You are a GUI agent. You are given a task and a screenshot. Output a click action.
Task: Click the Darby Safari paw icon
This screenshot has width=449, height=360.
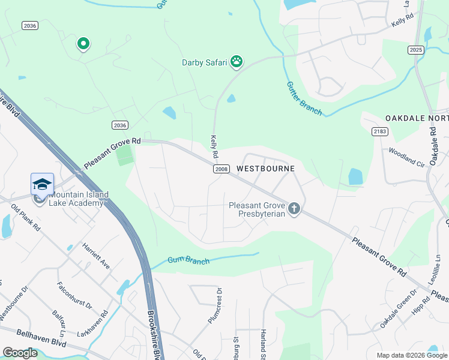pos(238,61)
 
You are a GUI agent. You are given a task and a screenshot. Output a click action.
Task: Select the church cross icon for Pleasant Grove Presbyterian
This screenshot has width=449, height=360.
pos(294,209)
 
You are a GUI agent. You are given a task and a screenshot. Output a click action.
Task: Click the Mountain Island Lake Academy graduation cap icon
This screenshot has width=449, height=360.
pos(42,184)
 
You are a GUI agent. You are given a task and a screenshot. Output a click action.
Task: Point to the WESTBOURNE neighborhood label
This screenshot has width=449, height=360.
pos(265,169)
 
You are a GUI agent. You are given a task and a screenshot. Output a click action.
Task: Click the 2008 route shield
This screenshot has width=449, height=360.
pos(221,169)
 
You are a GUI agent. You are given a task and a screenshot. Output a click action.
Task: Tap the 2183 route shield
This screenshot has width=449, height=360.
pos(379,131)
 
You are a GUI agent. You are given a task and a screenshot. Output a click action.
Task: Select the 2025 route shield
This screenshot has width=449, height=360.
pos(415,50)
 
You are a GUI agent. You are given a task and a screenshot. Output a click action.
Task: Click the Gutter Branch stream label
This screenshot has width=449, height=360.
pos(304,98)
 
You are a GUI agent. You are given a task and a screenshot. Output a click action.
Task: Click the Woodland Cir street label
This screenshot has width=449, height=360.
pos(406,157)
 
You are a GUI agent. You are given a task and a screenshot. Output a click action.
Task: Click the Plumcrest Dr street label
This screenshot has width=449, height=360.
pos(215,306)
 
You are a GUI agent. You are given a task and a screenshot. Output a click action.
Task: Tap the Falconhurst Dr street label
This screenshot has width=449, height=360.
pos(75,296)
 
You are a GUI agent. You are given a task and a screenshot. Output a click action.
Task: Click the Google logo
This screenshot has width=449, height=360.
pos(20,353)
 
